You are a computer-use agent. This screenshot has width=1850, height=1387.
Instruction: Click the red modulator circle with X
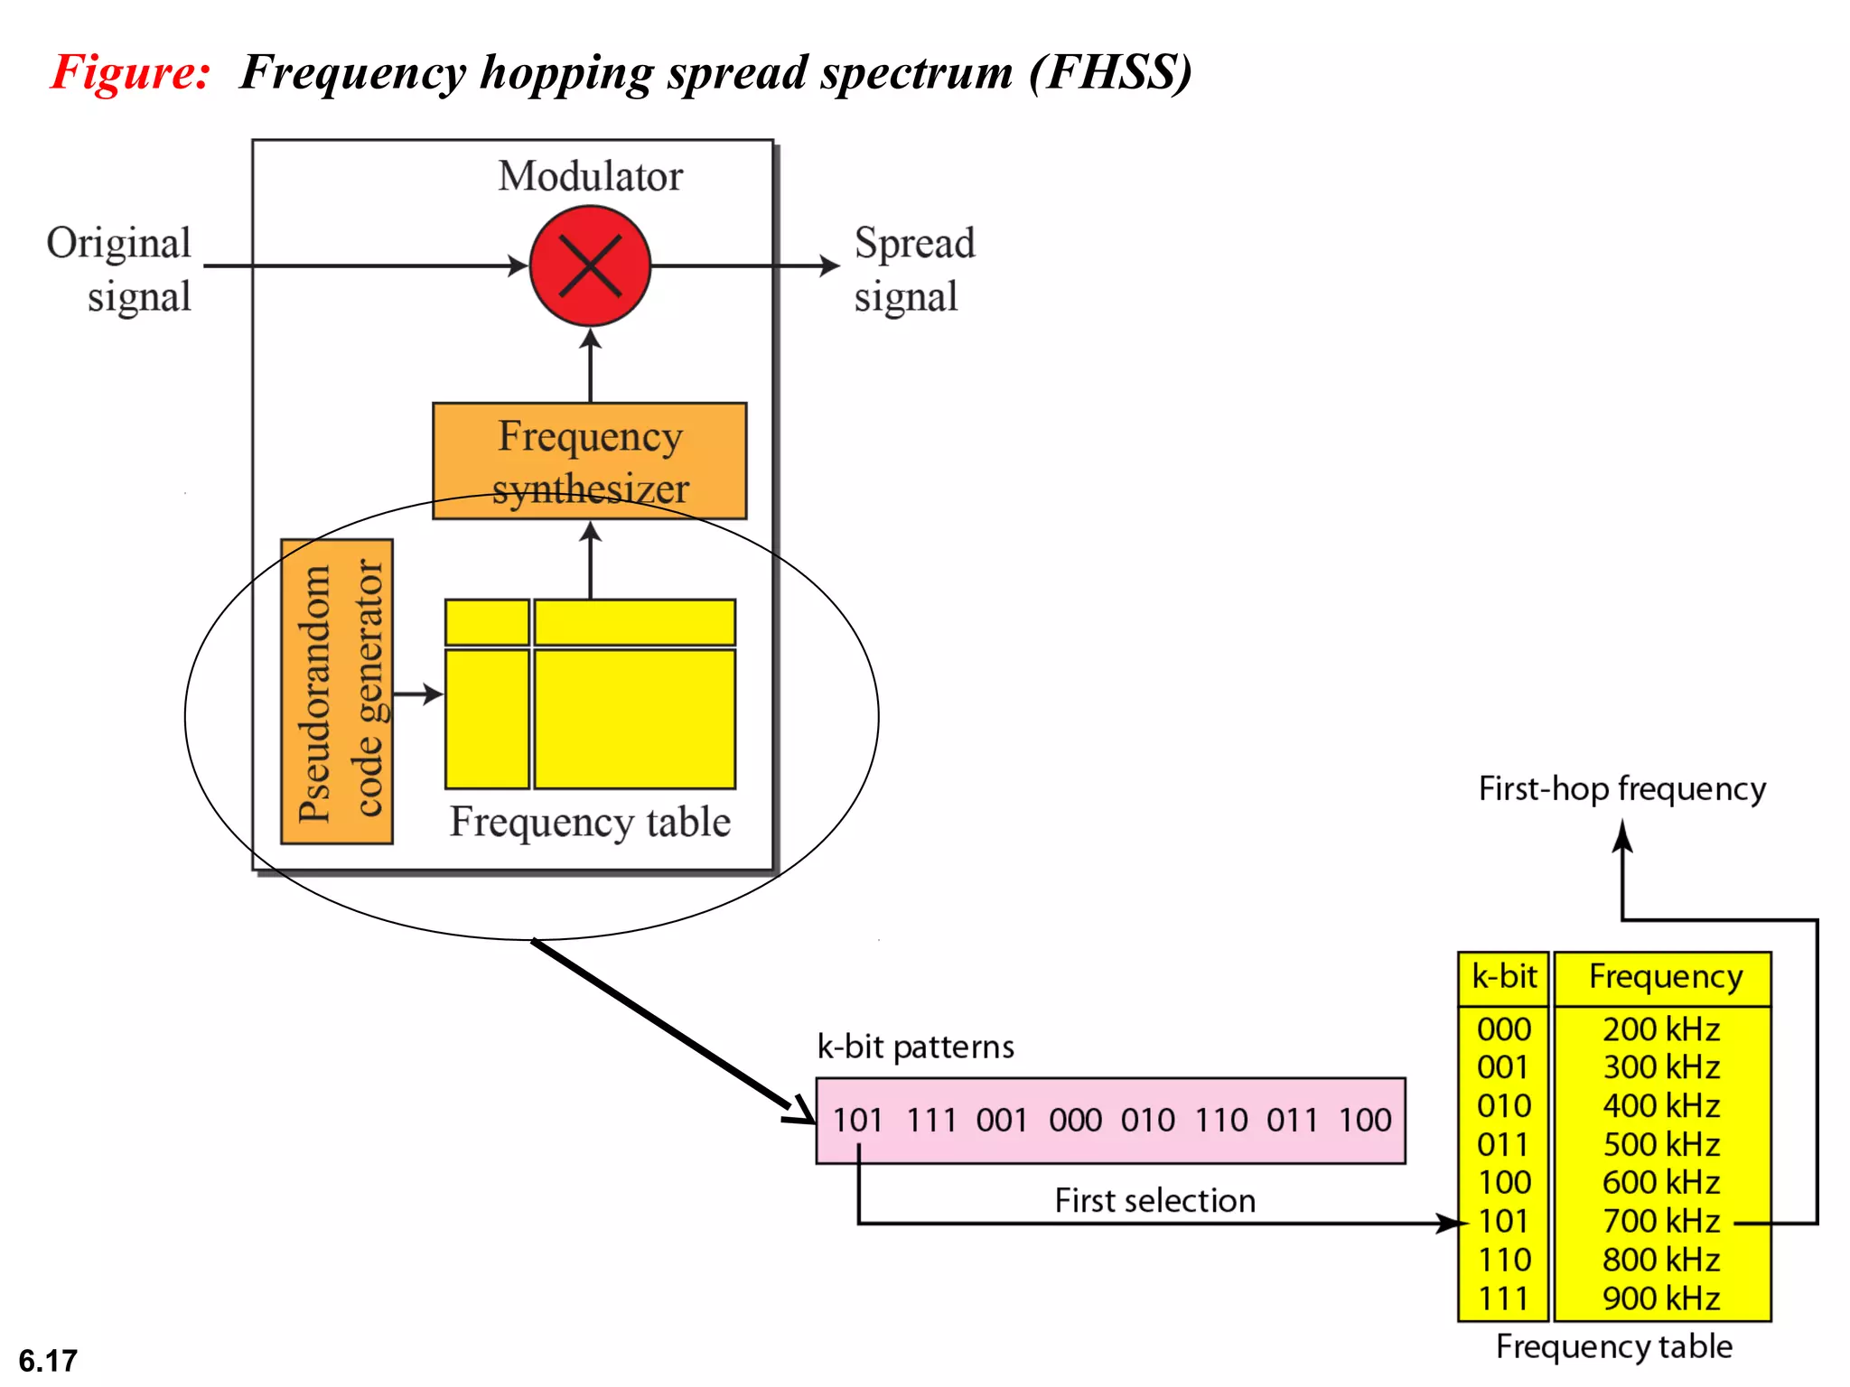pyautogui.click(x=590, y=265)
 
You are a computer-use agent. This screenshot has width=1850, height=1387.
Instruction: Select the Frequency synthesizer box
pyautogui.click(x=590, y=461)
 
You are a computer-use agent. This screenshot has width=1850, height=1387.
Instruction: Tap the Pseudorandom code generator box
pyautogui.click(x=337, y=692)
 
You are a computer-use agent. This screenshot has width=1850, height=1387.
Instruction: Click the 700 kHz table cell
pyautogui.click(x=1660, y=1221)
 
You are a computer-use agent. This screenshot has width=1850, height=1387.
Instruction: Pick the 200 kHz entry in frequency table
pyautogui.click(x=1660, y=1029)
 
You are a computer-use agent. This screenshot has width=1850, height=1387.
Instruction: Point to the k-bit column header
pyautogui.click(x=1504, y=977)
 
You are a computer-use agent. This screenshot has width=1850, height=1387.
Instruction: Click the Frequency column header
pyautogui.click(x=1665, y=977)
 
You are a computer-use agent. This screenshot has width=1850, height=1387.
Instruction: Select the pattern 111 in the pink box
pyautogui.click(x=930, y=1121)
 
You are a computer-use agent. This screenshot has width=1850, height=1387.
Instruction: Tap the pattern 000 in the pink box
pyautogui.click(x=1075, y=1121)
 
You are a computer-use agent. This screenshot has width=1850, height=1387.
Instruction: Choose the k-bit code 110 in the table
pyautogui.click(x=1504, y=1260)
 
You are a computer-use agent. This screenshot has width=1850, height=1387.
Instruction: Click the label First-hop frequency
pyautogui.click(x=1621, y=789)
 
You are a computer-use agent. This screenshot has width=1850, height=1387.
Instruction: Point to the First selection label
pyautogui.click(x=1154, y=1201)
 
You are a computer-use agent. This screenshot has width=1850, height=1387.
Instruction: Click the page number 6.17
pyautogui.click(x=48, y=1360)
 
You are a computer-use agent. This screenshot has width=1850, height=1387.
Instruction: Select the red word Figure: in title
pyautogui.click(x=131, y=72)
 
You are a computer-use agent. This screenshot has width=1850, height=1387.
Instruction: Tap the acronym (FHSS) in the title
pyautogui.click(x=1110, y=72)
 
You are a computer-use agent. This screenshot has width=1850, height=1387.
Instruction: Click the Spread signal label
pyautogui.click(x=914, y=269)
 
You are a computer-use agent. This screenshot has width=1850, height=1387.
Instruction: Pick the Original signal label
pyautogui.click(x=120, y=269)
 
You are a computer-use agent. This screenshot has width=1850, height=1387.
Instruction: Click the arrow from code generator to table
pyautogui.click(x=418, y=694)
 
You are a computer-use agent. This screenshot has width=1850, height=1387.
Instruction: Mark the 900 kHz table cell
pyautogui.click(x=1660, y=1299)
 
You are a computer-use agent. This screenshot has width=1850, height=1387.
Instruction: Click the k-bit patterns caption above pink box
pyautogui.click(x=915, y=1047)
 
